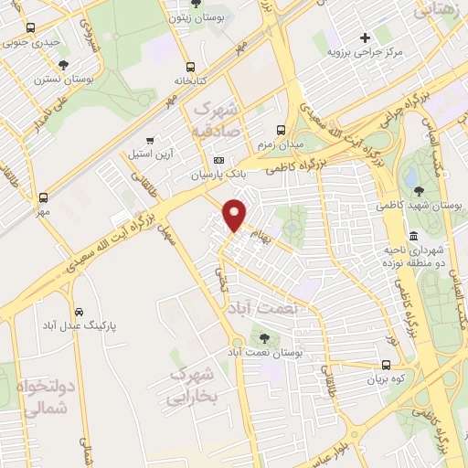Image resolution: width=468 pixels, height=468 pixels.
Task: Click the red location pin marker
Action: click(235, 214)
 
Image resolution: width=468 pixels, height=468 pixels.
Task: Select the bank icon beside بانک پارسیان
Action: click(218, 160)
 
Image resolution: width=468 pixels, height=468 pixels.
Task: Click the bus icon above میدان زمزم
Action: click(281, 128)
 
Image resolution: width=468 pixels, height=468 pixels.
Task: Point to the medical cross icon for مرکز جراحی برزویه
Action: click(365, 38)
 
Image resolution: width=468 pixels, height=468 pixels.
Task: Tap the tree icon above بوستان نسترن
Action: click(63, 65)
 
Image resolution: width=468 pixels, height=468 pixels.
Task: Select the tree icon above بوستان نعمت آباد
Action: click(267, 337)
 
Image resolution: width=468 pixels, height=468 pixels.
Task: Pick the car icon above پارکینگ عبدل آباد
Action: click(80, 311)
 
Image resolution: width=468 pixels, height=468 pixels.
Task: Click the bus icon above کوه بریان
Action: click(388, 365)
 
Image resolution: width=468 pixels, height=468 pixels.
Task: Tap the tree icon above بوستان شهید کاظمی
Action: click(419, 191)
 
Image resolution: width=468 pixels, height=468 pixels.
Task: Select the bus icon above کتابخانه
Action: click(190, 67)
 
